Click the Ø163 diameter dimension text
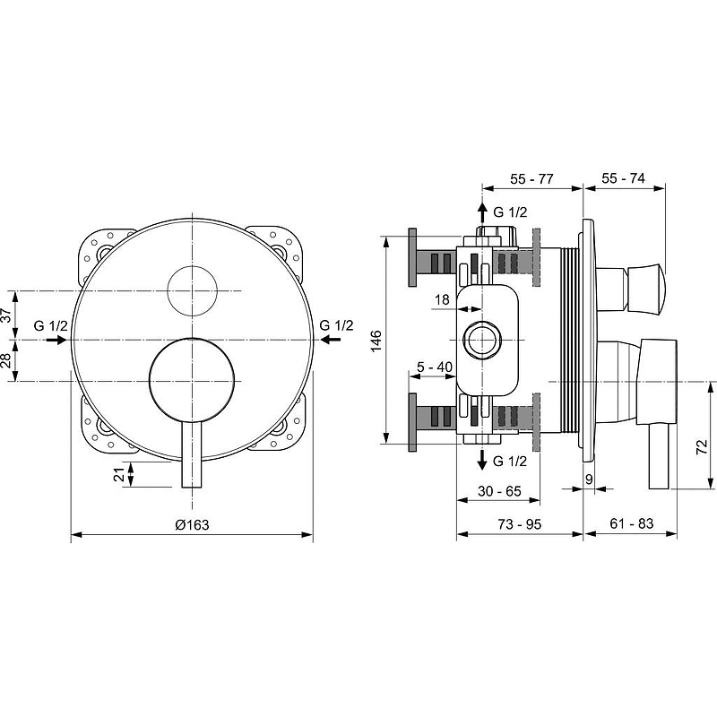192,525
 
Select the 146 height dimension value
376,341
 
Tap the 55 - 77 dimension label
532,179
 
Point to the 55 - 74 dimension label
624,179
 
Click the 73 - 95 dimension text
520,523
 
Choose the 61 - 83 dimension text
630,523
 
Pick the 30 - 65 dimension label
500,492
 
